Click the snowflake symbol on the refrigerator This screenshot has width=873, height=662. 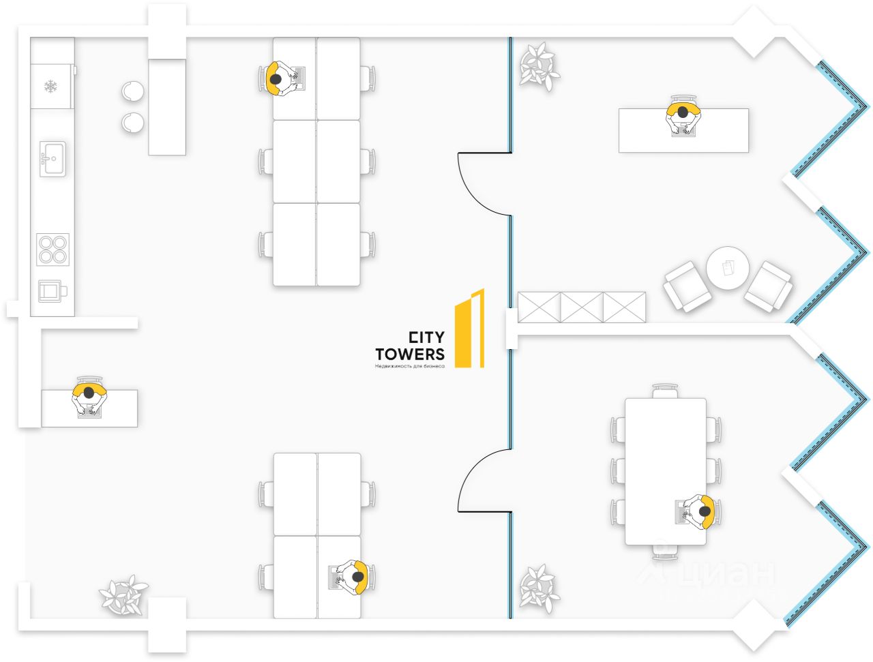point(50,87)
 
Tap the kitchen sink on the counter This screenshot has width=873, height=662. point(53,159)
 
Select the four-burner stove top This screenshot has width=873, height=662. point(53,249)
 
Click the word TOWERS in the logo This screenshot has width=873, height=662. point(409,354)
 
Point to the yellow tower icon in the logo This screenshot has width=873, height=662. point(470,329)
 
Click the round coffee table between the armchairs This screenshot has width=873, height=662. point(728,268)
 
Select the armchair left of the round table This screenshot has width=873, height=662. point(687,286)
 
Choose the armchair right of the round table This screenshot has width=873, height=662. point(769,286)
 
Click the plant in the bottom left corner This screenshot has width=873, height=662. point(123,595)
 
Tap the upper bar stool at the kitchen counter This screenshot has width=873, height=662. point(133,91)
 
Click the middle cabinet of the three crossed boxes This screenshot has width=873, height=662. point(582,307)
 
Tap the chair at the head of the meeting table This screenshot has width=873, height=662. point(665,391)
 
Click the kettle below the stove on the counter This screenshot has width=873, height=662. point(51,291)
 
